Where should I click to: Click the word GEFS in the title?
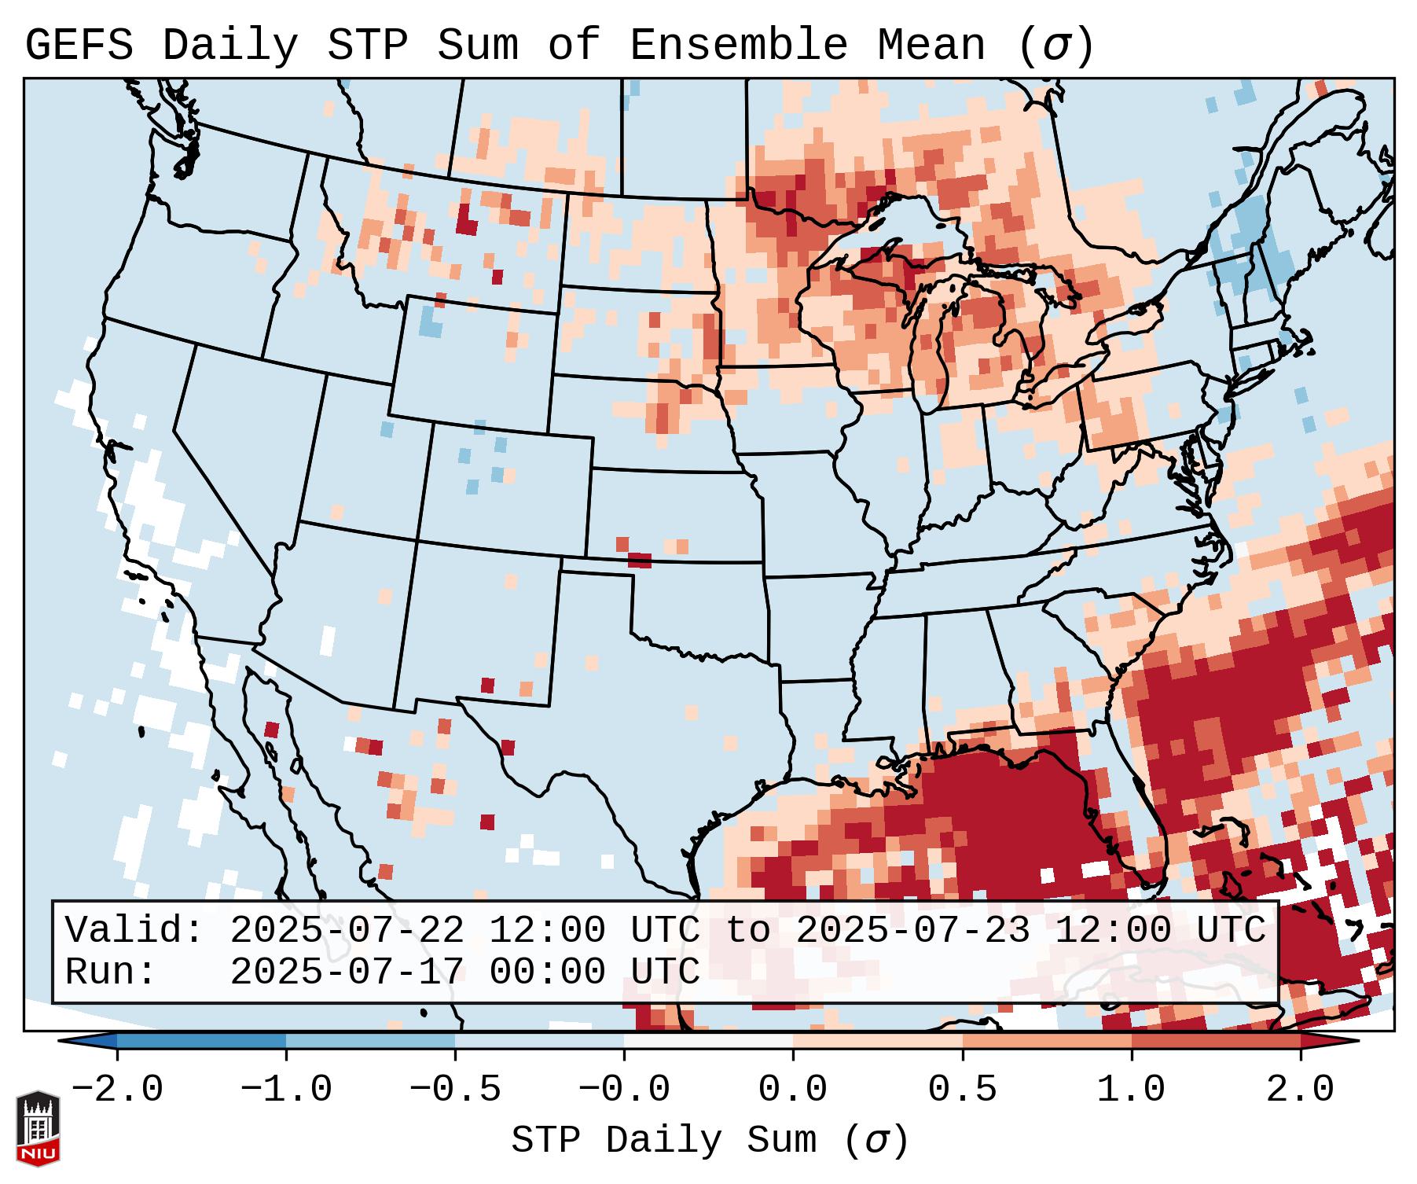click(79, 46)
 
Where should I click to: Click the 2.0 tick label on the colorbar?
click(1301, 1090)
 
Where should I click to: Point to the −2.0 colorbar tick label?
click(117, 1090)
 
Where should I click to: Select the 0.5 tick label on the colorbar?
click(962, 1090)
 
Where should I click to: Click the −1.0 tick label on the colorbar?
click(286, 1090)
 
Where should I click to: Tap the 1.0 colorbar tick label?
click(1132, 1090)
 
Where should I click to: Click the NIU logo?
click(38, 1128)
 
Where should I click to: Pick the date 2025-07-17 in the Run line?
click(347, 972)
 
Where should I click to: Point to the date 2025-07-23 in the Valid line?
click(912, 931)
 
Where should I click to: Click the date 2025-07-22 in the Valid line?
click(347, 931)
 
